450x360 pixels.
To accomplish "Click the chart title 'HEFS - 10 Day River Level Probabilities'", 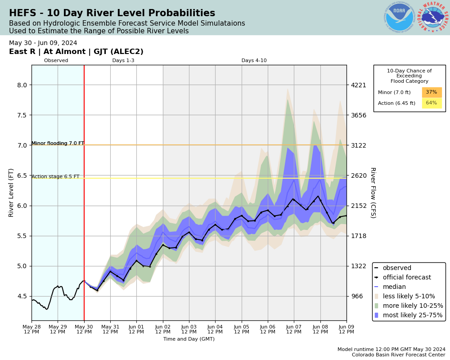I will click(x=112, y=13).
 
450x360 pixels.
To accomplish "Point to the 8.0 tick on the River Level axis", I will click(x=22, y=85).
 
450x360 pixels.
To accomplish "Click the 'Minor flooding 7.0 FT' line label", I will click(x=58, y=144).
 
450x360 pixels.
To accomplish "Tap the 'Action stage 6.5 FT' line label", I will click(x=55, y=177).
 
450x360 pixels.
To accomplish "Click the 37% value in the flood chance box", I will click(x=431, y=92).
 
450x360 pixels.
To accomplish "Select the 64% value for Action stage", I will click(x=431, y=103).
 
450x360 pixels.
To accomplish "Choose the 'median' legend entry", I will click(x=394, y=287).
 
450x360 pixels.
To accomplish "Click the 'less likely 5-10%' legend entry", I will click(x=409, y=297).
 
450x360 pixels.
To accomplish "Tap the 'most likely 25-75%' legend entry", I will click(x=412, y=315).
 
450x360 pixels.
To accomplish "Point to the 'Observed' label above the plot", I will click(x=56, y=61).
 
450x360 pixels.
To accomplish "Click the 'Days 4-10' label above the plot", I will click(x=254, y=61).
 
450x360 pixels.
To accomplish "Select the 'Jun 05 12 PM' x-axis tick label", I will click(x=242, y=329).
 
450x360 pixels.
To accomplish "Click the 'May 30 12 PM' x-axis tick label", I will click(x=84, y=329).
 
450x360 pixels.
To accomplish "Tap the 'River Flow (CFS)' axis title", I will click(x=373, y=193).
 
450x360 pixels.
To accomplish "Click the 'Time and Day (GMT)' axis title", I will click(x=189, y=339).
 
